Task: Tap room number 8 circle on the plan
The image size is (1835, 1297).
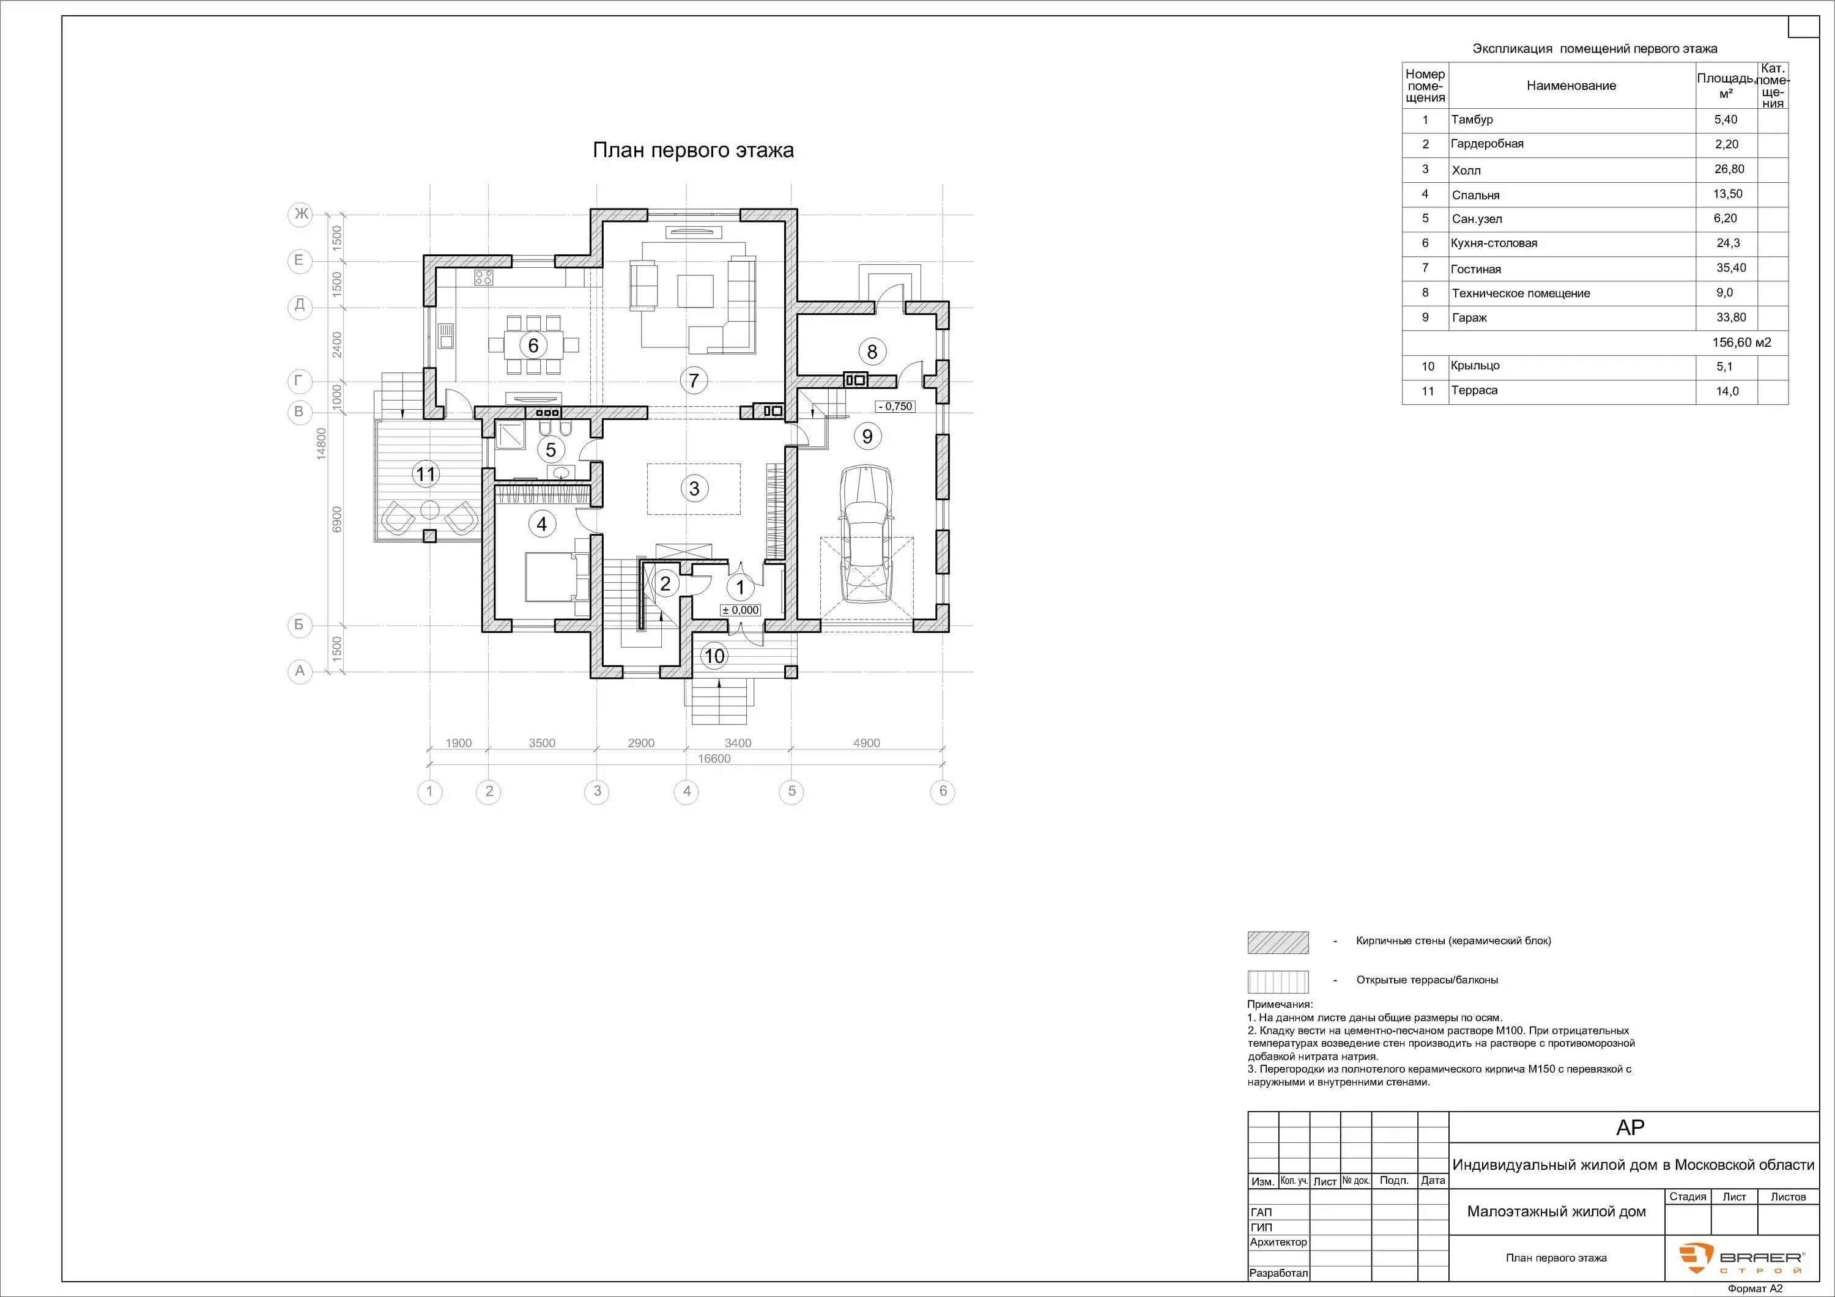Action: [872, 352]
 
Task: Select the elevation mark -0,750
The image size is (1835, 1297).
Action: [895, 406]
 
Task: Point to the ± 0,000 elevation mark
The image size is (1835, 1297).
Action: [741, 610]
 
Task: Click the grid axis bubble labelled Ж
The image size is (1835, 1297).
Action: [300, 214]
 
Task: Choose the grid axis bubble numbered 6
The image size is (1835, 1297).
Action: [943, 791]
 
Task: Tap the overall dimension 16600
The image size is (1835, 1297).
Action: [714, 758]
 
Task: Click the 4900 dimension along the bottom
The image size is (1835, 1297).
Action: [866, 743]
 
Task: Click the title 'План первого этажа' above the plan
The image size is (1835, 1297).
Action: [693, 150]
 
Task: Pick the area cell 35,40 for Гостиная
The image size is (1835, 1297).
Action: [1730, 268]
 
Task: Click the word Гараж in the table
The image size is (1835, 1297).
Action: [1470, 317]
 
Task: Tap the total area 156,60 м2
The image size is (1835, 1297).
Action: [1741, 342]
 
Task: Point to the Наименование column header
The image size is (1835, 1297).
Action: [1571, 86]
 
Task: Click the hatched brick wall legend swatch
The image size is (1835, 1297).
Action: [1278, 942]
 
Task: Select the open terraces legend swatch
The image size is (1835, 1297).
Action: [1278, 981]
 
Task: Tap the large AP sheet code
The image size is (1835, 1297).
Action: [1631, 1127]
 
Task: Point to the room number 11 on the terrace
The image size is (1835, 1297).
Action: [425, 475]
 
